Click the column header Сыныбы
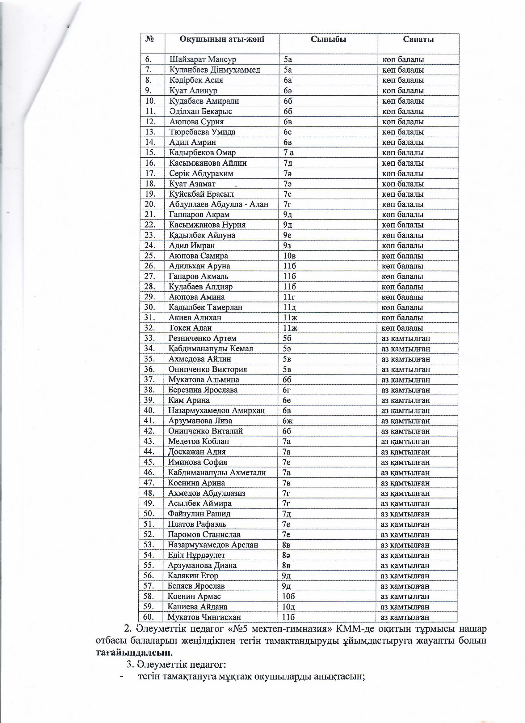click(328, 39)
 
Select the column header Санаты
click(418, 39)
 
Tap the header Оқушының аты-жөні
click(222, 39)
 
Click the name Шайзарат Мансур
click(203, 60)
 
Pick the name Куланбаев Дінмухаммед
click(215, 70)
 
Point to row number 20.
click(150, 204)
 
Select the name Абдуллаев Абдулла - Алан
click(219, 204)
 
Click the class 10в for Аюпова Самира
click(289, 256)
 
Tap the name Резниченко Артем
click(202, 338)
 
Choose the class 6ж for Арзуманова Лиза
click(288, 421)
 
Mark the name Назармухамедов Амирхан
click(216, 411)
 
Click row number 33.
click(149, 338)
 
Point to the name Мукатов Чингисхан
click(204, 617)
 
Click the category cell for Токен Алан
click(402, 328)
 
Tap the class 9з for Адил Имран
click(288, 246)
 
